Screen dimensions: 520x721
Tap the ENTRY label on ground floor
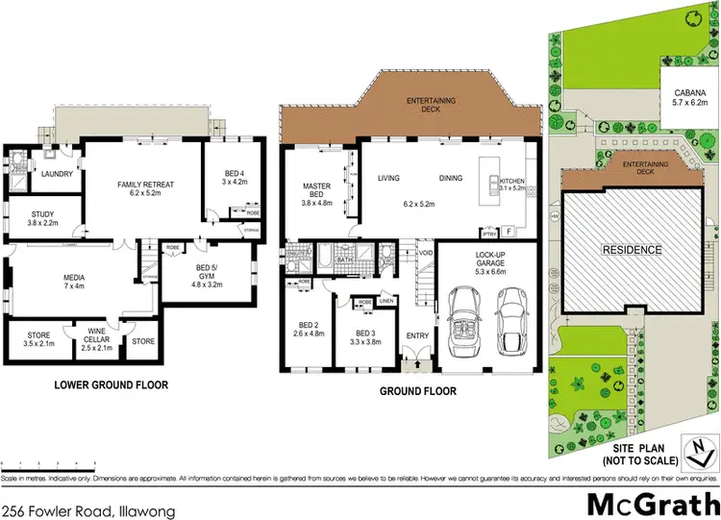[418, 334]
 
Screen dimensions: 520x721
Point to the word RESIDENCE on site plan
[632, 250]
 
